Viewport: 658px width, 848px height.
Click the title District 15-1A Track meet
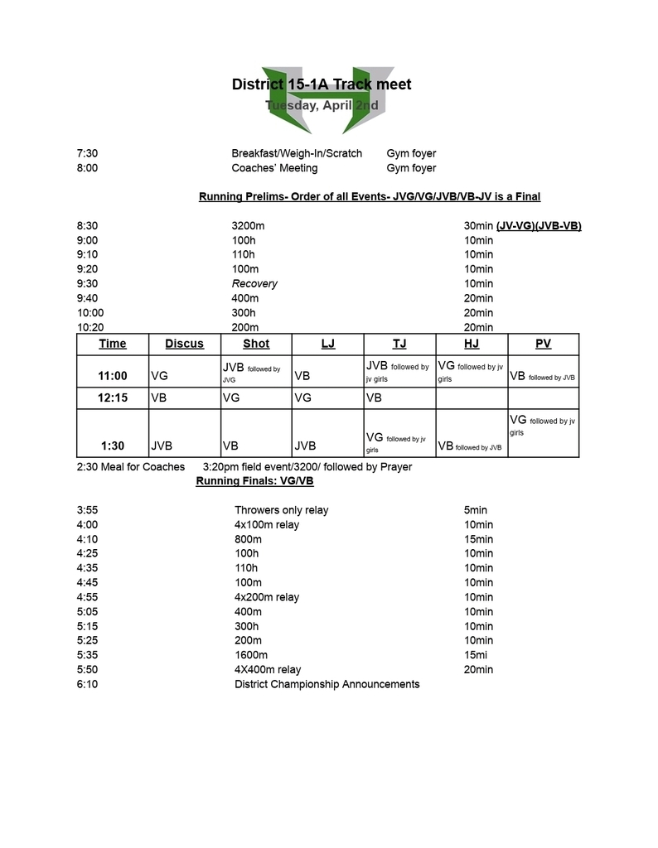pyautogui.click(x=322, y=84)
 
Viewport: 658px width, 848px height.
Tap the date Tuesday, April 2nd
pyautogui.click(x=322, y=105)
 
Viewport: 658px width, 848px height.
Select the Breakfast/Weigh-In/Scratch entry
pyautogui.click(x=297, y=153)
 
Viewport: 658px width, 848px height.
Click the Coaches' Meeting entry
pyautogui.click(x=274, y=168)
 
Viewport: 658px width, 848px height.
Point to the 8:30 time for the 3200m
pyautogui.click(x=87, y=226)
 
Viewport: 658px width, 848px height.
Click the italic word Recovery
pyautogui.click(x=254, y=283)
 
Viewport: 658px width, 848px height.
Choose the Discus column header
pyautogui.click(x=184, y=344)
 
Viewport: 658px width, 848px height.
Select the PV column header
pyautogui.click(x=543, y=344)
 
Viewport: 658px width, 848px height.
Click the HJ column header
pyautogui.click(x=471, y=344)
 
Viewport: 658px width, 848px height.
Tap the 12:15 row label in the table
pyautogui.click(x=113, y=397)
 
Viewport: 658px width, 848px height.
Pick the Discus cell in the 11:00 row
pyautogui.click(x=159, y=376)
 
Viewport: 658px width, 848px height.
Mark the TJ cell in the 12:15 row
pyautogui.click(x=374, y=397)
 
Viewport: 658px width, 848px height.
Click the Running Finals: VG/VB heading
pyautogui.click(x=254, y=481)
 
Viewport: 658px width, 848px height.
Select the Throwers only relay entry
pyautogui.click(x=281, y=510)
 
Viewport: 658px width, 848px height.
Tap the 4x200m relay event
pyautogui.click(x=267, y=597)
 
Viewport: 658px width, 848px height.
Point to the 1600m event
pyautogui.click(x=251, y=655)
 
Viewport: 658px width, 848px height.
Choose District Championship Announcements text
pyautogui.click(x=327, y=684)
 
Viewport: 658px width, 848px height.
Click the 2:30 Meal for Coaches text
pyautogui.click(x=131, y=467)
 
